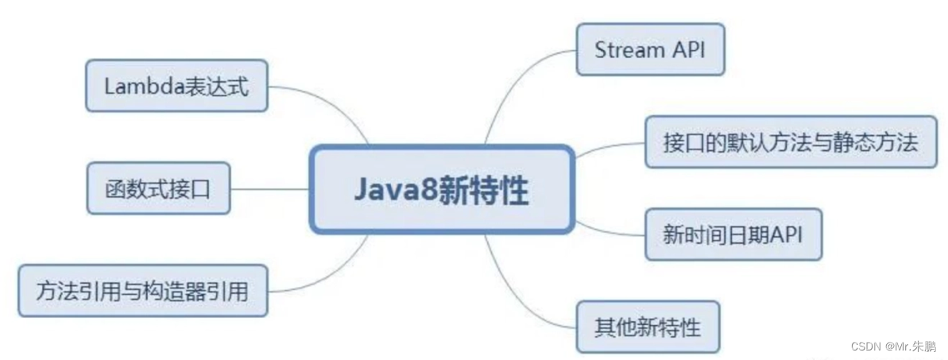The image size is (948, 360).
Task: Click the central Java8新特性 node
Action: [x=442, y=189]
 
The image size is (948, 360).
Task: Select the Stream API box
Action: [x=650, y=49]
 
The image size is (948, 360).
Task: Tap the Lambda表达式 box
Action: [x=176, y=86]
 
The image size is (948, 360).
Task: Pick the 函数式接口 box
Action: [x=158, y=188]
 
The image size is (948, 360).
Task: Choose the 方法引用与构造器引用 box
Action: [x=142, y=290]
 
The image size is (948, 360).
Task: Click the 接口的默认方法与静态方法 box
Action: [x=790, y=142]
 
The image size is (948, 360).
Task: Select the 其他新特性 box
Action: [x=647, y=326]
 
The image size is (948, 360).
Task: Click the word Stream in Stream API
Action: [x=629, y=49]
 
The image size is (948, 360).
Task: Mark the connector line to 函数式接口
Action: [x=270, y=189]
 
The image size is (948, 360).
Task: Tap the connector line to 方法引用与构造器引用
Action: [x=334, y=274]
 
